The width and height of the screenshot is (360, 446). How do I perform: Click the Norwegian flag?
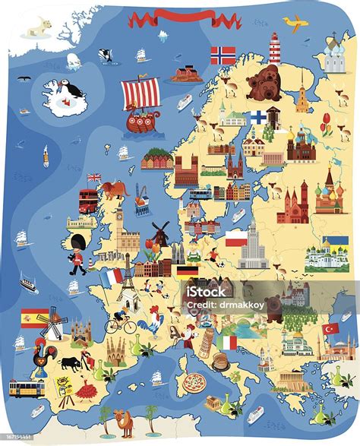pos(223,55)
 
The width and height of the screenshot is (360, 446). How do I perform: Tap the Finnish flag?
pos(259,117)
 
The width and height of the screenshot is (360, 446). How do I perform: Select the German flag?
pos(187,270)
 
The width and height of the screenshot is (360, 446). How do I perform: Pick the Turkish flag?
pos(330,329)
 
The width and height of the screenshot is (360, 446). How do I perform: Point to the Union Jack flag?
pos(94,178)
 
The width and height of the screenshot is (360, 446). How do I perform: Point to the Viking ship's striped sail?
pos(141,93)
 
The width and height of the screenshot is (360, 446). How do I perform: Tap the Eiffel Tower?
pos(129,283)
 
